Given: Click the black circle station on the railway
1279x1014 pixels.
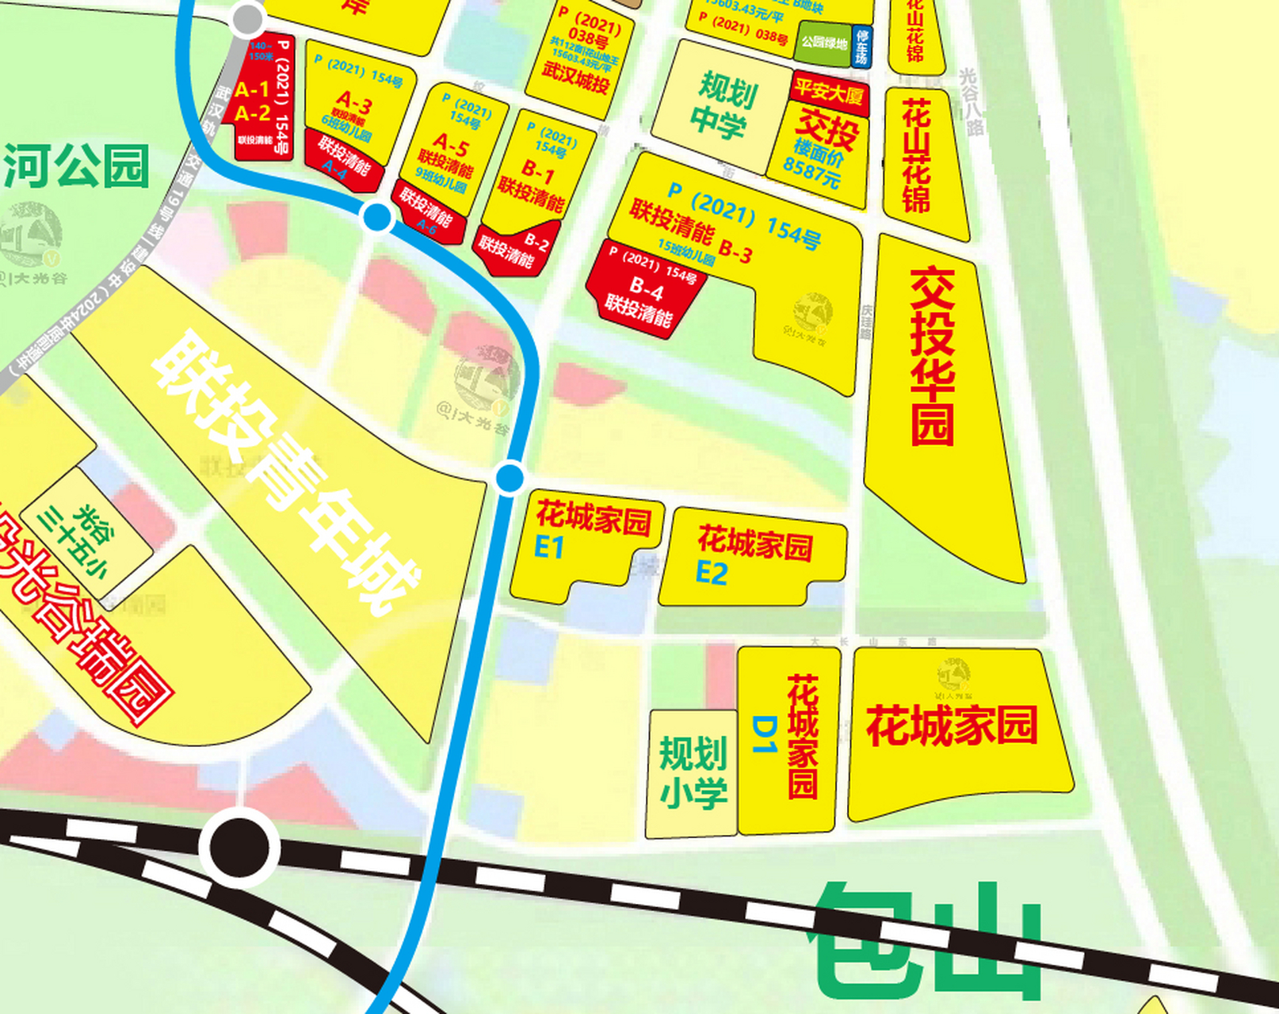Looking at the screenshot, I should pyautogui.click(x=239, y=848).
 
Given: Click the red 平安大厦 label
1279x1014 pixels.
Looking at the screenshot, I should pyautogui.click(x=830, y=93).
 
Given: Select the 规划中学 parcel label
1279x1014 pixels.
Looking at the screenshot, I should pyautogui.click(x=723, y=105).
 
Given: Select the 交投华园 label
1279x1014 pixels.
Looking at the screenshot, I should pyautogui.click(x=933, y=356).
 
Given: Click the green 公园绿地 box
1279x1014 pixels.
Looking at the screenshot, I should pyautogui.click(x=823, y=43).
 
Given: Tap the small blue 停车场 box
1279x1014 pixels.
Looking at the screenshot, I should pyautogui.click(x=861, y=47).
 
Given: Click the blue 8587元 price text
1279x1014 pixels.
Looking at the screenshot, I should pyautogui.click(x=811, y=169).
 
